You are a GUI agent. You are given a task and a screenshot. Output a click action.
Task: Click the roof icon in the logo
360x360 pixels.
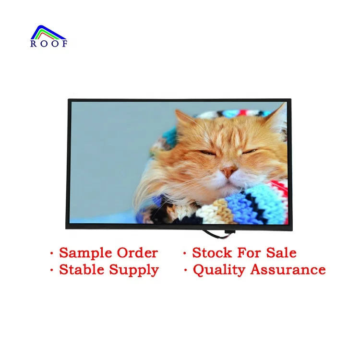48,33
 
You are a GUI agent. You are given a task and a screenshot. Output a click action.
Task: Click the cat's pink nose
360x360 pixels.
228,170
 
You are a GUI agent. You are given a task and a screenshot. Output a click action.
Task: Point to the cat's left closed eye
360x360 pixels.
206,153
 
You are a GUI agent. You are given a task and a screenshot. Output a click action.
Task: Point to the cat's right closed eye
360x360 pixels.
250,152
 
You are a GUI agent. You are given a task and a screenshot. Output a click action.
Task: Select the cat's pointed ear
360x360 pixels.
183,117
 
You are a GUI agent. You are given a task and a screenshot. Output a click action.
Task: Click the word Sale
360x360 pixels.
280,252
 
